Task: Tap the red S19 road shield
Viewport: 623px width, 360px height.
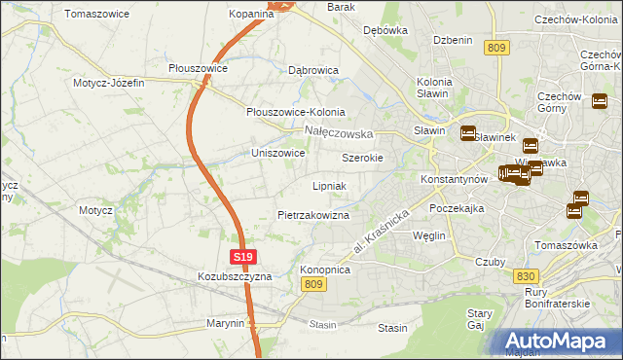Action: (x=243, y=258)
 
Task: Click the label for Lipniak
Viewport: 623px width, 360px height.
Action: (x=329, y=185)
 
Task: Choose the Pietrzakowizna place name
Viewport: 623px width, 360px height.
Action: (x=313, y=214)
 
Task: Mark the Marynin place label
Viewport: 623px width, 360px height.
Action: (x=225, y=323)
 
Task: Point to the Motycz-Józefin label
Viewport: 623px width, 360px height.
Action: (x=108, y=83)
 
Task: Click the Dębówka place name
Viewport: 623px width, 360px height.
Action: (x=385, y=30)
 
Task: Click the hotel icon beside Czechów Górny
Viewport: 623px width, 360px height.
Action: (x=600, y=100)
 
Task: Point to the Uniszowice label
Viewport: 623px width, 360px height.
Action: (x=278, y=154)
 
